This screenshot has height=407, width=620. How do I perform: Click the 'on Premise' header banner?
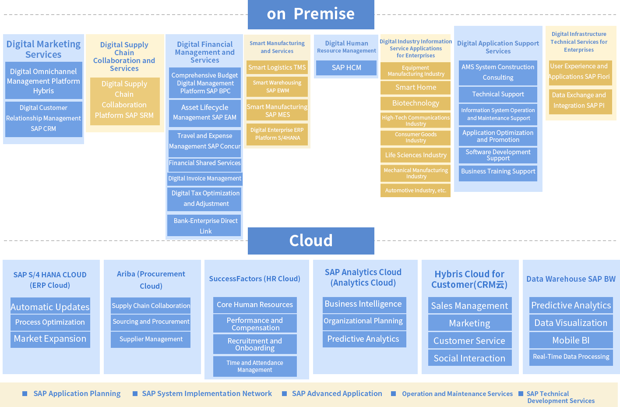[x=311, y=14]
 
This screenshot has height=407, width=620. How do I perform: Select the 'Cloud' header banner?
[x=311, y=241]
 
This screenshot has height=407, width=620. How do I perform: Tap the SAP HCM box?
[x=346, y=68]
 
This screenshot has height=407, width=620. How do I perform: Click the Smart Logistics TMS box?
[x=277, y=67]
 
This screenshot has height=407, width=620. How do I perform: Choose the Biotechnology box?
[x=416, y=103]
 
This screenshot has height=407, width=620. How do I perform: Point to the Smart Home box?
[x=416, y=88]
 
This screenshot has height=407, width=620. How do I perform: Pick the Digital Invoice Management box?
[x=204, y=179]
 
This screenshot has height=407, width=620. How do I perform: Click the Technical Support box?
[x=498, y=94]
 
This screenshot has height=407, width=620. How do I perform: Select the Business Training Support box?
[x=498, y=172]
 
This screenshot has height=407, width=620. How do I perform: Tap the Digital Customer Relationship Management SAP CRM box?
[x=43, y=119]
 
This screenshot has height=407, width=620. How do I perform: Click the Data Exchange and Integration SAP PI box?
[x=579, y=101]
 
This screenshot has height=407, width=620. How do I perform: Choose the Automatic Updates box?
[x=50, y=307]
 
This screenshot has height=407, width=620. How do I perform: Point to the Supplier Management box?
[x=151, y=339]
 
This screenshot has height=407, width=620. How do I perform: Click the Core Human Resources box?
[x=255, y=305]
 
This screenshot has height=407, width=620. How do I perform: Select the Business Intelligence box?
[x=363, y=304]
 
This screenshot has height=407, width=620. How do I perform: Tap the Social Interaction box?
[x=469, y=358]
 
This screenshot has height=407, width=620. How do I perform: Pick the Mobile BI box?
[x=571, y=340]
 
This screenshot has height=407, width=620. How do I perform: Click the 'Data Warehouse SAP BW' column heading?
[x=571, y=279]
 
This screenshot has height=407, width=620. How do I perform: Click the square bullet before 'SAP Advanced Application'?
[x=285, y=394]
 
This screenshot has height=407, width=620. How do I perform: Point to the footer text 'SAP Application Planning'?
[x=77, y=394]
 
